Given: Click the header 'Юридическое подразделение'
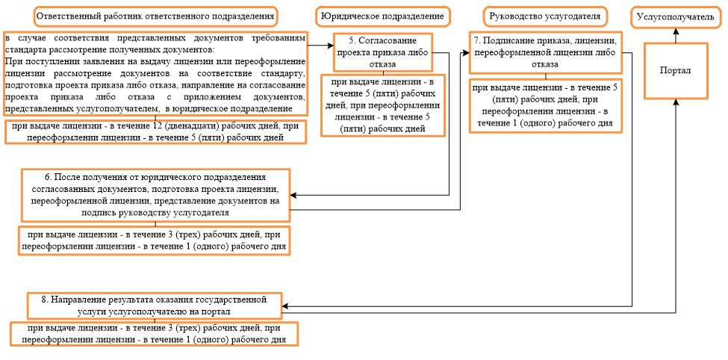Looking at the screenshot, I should [x=382, y=15].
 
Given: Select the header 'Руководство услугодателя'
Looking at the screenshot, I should [x=544, y=15].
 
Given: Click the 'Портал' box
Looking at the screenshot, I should [x=676, y=70].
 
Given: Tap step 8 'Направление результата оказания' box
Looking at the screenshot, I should [x=155, y=305].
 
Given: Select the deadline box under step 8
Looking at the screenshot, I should [x=155, y=333].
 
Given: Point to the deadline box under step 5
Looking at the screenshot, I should [x=382, y=105].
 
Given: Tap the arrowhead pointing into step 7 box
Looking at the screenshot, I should [x=466, y=52].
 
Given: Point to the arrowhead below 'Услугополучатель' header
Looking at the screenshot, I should [x=676, y=31].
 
